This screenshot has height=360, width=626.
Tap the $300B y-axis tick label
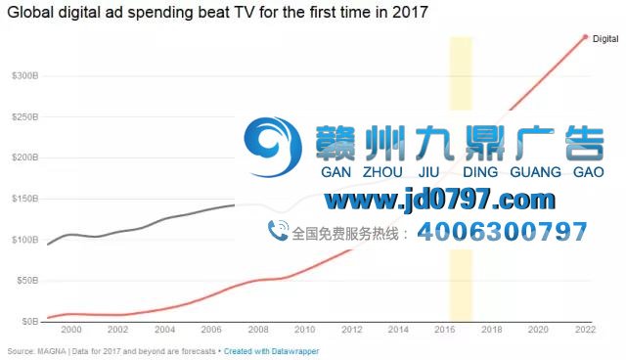pyautogui.click(x=24, y=75)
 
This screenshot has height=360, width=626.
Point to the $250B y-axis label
pyautogui.click(x=24, y=116)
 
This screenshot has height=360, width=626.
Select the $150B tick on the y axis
pyautogui.click(x=24, y=199)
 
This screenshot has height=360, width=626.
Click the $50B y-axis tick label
pyautogui.click(x=26, y=281)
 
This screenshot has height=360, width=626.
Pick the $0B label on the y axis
pyautogui.click(x=29, y=322)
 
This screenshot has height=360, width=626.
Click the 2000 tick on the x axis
pyautogui.click(x=71, y=331)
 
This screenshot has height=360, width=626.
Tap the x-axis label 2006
pyautogui.click(x=211, y=331)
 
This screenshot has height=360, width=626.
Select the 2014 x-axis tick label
pyautogui.click(x=398, y=331)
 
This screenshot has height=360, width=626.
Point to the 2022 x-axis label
pyautogui.click(x=585, y=331)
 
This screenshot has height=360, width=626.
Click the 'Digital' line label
pyautogui.click(x=605, y=39)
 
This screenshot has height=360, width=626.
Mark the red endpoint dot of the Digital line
pyautogui.click(x=585, y=37)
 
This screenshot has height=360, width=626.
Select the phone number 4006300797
pyautogui.click(x=502, y=233)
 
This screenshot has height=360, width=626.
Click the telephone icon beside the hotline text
pyautogui.click(x=278, y=232)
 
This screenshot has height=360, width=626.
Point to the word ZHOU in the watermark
pyautogui.click(x=382, y=172)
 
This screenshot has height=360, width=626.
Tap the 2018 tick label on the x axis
pyautogui.click(x=491, y=331)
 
